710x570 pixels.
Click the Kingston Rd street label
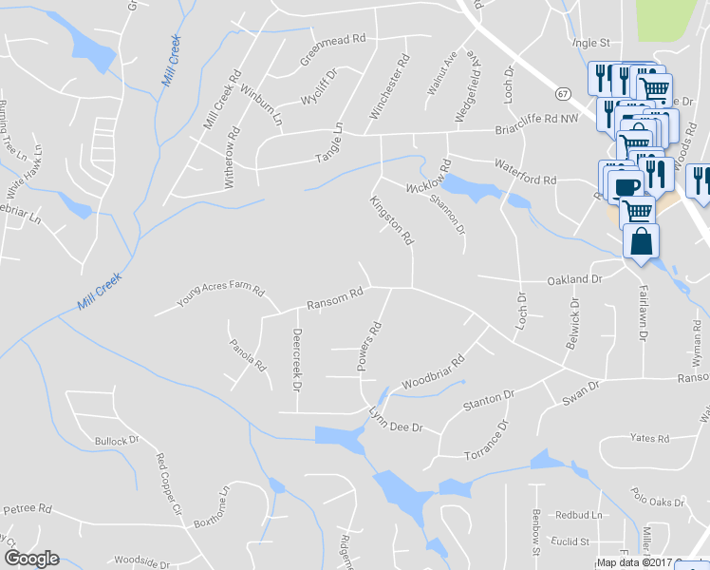(392, 218)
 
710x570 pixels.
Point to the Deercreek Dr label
(296, 361)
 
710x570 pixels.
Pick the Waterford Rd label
(525, 180)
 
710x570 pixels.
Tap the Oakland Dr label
(575, 280)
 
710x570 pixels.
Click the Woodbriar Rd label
(433, 372)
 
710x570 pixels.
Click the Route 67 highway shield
(563, 93)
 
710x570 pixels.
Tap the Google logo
(30, 559)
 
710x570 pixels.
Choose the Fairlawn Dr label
(643, 314)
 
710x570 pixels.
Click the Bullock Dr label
(117, 441)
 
